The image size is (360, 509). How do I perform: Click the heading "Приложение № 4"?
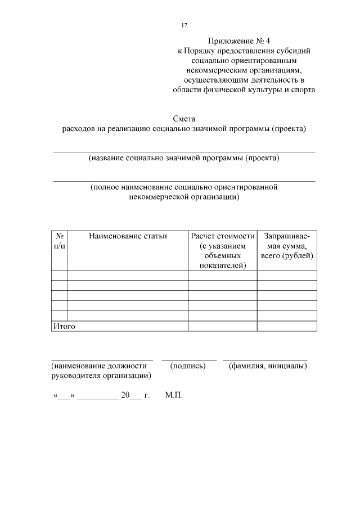click(x=239, y=41)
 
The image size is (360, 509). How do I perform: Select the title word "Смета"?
click(x=183, y=118)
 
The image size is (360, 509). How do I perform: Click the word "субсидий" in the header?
click(x=291, y=51)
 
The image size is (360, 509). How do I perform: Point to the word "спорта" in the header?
click(x=300, y=89)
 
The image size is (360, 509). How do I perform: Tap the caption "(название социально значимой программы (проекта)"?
click(x=183, y=159)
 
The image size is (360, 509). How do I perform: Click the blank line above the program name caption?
click(x=183, y=151)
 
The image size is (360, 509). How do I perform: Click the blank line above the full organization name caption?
click(x=183, y=181)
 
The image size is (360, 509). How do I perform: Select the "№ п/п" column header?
click(x=59, y=241)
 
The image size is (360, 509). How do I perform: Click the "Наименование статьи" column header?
click(x=128, y=236)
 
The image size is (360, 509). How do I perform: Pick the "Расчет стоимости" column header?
click(x=223, y=236)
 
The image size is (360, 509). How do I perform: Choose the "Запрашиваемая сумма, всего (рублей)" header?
click(x=287, y=245)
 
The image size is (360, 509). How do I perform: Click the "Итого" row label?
click(x=64, y=326)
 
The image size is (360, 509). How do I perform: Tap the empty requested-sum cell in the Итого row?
click(x=287, y=326)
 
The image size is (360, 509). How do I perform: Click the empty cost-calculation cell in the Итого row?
click(x=223, y=326)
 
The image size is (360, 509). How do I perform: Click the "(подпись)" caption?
click(x=188, y=366)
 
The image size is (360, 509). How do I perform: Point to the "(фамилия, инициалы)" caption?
click(x=268, y=366)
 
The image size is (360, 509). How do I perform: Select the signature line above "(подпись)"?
click(x=189, y=359)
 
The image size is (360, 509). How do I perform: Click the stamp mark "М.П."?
click(x=174, y=395)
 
